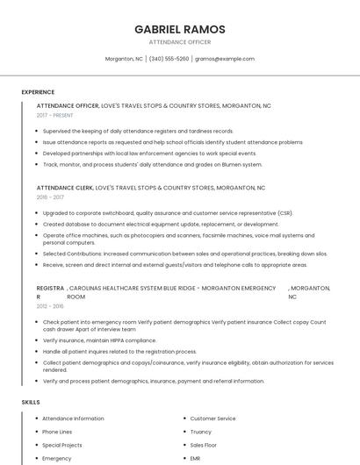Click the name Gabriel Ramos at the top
[179, 29]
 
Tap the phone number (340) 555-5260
[169, 59]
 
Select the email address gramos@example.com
[225, 59]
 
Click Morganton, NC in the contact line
[124, 59]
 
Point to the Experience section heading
[38, 92]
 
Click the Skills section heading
[31, 402]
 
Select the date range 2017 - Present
[55, 115]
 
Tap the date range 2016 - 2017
[51, 197]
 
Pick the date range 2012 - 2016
[50, 306]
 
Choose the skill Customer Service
[212, 418]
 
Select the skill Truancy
[201, 432]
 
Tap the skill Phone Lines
[57, 432]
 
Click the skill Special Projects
[61, 445]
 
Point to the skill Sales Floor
[205, 445]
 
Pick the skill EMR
[195, 458]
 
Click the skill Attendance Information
[73, 418]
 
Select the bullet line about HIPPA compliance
[87, 340]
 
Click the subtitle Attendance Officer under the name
[179, 41]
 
